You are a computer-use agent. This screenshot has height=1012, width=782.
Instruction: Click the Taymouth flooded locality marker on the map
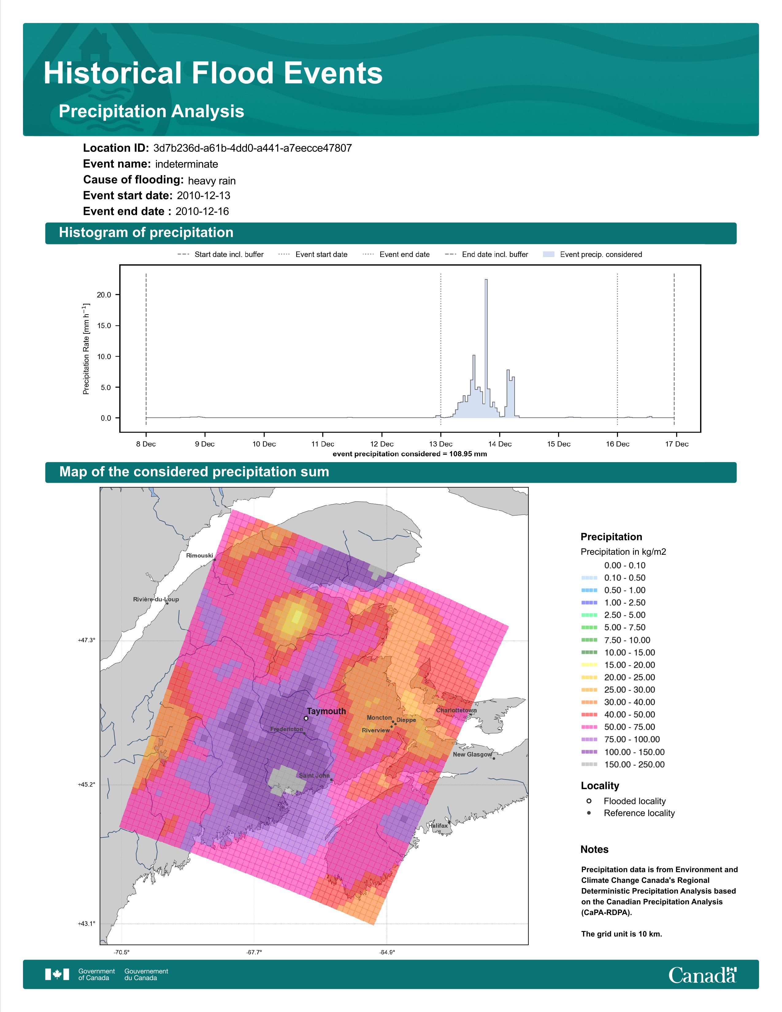[x=306, y=718]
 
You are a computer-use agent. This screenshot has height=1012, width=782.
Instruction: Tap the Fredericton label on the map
[x=286, y=729]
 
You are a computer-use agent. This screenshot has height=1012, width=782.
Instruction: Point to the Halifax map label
[x=438, y=825]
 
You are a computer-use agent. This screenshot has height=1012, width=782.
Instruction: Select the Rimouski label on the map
[x=199, y=555]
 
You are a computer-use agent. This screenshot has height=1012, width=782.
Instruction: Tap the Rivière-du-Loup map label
[x=156, y=599]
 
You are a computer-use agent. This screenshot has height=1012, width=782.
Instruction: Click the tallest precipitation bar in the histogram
[x=486, y=348]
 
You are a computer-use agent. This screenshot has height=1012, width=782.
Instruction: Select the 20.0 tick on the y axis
[x=104, y=295]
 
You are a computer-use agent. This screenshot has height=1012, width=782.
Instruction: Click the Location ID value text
[x=252, y=148]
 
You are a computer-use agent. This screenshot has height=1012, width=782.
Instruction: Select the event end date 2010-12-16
[x=202, y=211]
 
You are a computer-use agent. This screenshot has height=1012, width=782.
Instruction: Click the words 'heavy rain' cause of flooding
[x=212, y=181]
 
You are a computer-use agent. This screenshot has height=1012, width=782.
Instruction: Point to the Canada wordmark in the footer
[x=702, y=976]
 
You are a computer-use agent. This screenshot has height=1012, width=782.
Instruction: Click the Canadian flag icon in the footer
[x=57, y=975]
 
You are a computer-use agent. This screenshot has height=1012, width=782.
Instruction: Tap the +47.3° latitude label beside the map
[x=86, y=640]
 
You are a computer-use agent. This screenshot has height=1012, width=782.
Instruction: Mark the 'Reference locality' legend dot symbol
[x=589, y=813]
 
